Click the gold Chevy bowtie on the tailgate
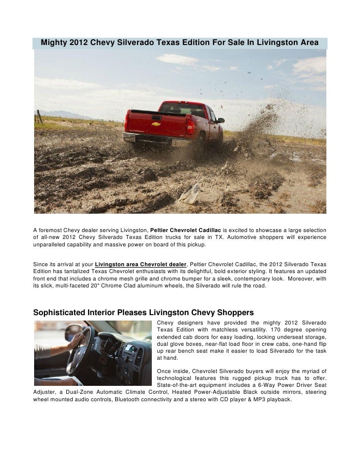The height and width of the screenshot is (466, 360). pos(156,124)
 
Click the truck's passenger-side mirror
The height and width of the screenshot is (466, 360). pos(221,120)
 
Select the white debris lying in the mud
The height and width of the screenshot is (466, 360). pos(190,195)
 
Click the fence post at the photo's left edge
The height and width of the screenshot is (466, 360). pos(38,118)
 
